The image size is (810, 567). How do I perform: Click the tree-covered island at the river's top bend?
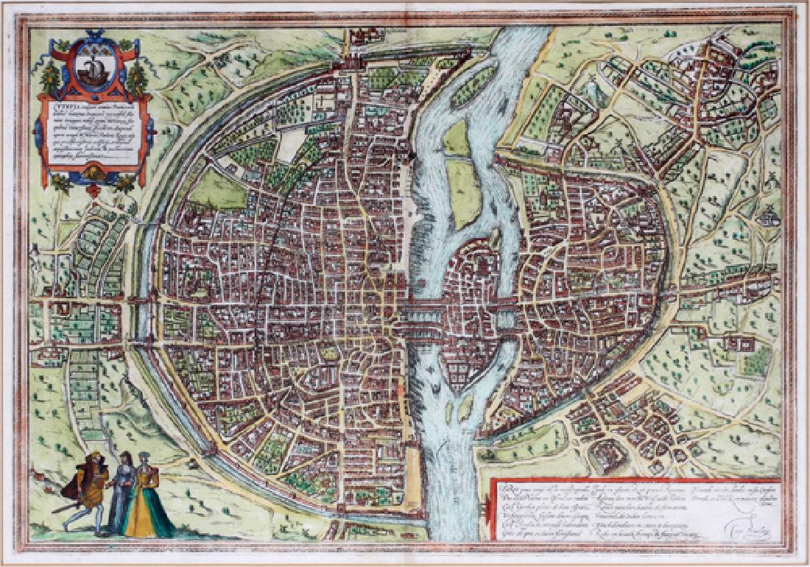(x=473, y=85)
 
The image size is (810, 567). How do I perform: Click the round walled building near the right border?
(x=770, y=218)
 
